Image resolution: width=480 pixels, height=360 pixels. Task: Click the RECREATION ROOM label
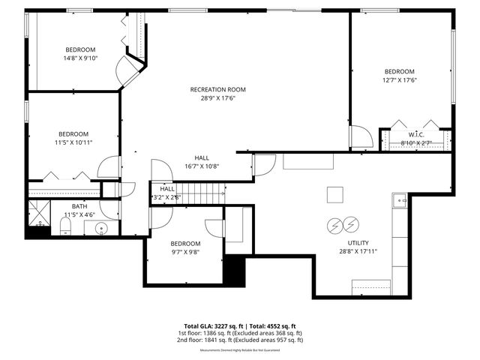217,89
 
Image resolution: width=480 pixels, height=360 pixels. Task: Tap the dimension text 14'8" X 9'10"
79,58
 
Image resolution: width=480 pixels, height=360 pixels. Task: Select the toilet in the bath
64,226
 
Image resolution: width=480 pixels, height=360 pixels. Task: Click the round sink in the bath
100,227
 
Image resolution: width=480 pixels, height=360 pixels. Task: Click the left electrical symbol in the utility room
334,225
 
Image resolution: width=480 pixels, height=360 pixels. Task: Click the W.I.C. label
417,134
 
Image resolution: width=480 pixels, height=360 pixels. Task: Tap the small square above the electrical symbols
334,195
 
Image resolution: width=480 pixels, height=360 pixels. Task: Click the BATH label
79,206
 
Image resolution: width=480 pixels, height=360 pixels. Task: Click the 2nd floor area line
239,340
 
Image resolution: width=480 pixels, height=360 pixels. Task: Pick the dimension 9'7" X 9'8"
184,252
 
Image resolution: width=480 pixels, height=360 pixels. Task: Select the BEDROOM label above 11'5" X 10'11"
73,133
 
